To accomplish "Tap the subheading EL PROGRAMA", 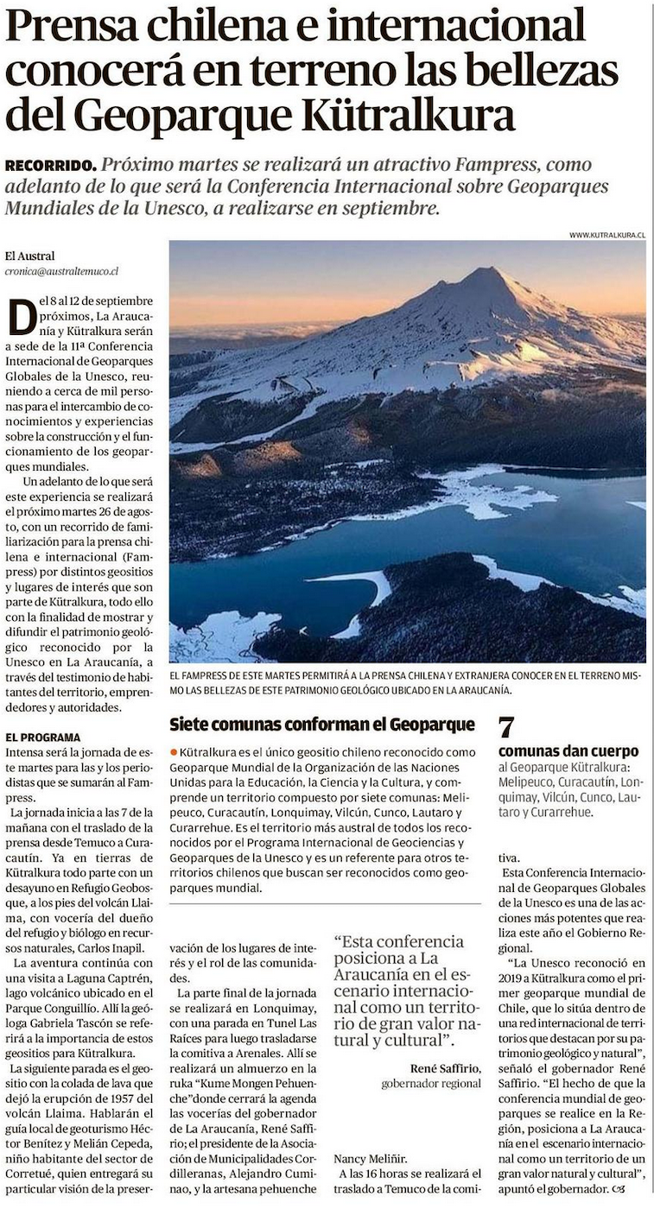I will click(42, 737).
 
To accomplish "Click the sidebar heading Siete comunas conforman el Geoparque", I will click(322, 724).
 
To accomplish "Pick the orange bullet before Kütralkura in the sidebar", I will click(174, 754).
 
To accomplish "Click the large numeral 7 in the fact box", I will click(508, 726).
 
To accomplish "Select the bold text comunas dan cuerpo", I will click(568, 750).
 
